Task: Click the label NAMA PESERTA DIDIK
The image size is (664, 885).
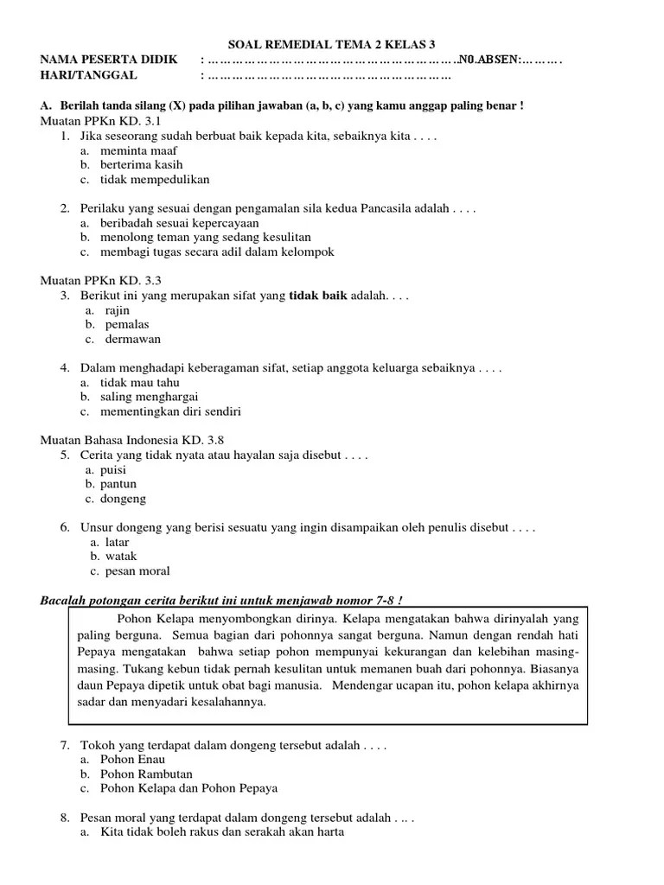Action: pos(109,60)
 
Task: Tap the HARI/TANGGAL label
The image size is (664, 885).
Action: pos(89,75)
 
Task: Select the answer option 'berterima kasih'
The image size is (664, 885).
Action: pos(141,164)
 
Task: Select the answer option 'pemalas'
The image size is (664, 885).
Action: pos(128,324)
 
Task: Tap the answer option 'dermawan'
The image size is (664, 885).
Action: pos(133,339)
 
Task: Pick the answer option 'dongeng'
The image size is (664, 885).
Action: pos(124,499)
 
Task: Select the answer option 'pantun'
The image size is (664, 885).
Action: pos(121,484)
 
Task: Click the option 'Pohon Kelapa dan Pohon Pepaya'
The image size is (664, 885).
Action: pos(189,788)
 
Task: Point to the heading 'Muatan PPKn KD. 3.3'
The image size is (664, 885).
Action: pos(101,280)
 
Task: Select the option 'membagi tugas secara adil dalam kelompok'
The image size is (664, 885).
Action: pos(217,251)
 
